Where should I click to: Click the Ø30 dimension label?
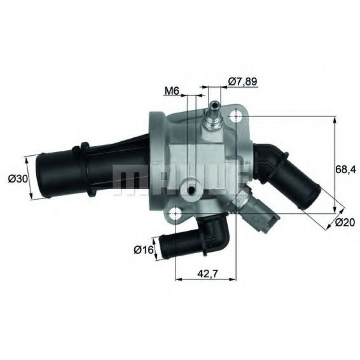pyautogui.click(x=15, y=178)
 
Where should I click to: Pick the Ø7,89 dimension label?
pyautogui.click(x=242, y=81)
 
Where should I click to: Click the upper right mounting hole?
pyautogui.click(x=236, y=117)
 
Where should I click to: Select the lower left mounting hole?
pyautogui.click(x=176, y=211)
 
